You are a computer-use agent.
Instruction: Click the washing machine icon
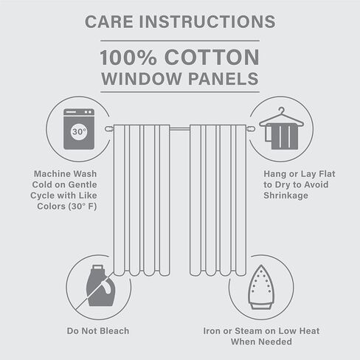click(79, 129)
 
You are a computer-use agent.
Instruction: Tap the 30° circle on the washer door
click(79, 132)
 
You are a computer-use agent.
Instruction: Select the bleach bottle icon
click(100, 285)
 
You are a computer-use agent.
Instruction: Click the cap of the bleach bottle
click(97, 268)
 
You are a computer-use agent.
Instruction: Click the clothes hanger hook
click(282, 110)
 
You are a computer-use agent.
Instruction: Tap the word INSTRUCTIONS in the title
click(207, 21)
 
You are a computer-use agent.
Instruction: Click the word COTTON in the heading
click(212, 58)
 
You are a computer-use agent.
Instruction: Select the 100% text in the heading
click(128, 58)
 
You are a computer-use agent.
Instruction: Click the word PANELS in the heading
click(224, 79)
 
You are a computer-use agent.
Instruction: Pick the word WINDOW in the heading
click(142, 79)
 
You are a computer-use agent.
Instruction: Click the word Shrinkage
click(285, 195)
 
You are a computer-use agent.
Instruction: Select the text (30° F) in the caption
click(83, 207)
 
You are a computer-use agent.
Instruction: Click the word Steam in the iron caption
click(247, 331)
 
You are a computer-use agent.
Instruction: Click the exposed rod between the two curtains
click(180, 128)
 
